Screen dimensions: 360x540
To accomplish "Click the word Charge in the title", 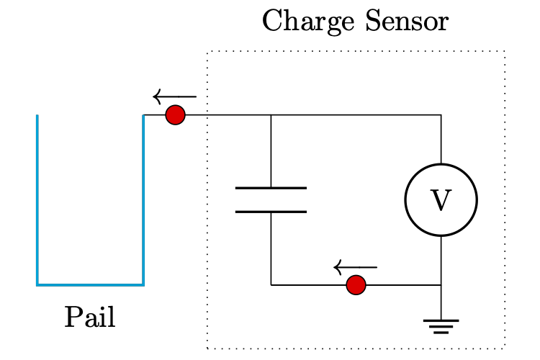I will coord(300,22).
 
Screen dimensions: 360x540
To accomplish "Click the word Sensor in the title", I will coord(406,22).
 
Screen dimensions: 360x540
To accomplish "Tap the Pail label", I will coord(90,318).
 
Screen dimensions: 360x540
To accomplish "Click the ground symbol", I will coord(441,326).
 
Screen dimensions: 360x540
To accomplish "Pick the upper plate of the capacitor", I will coord(271,189).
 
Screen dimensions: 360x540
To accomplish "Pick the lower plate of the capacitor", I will coord(271,212).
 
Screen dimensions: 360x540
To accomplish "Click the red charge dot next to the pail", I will coord(175,115).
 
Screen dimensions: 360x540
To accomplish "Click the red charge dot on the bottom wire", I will coord(356,285).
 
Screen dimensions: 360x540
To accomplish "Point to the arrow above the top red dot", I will coord(174,96).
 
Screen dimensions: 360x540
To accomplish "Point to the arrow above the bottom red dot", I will coord(355,268).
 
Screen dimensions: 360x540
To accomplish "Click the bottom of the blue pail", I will coord(90,285).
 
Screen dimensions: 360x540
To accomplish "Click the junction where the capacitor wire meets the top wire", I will coord(271,115).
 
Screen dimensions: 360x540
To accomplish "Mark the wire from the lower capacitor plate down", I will coord(271,248).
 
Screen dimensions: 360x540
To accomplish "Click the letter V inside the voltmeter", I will coord(441,201).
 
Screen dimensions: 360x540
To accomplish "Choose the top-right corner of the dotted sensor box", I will coord(505,52).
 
